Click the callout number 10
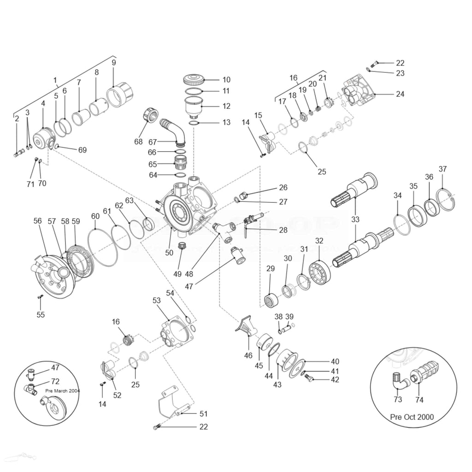226,80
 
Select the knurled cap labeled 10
194,80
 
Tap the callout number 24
400,94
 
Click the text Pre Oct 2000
412,417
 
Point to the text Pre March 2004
63,390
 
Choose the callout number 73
398,399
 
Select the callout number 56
38,221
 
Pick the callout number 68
138,142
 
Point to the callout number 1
55,80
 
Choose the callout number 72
55,382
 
